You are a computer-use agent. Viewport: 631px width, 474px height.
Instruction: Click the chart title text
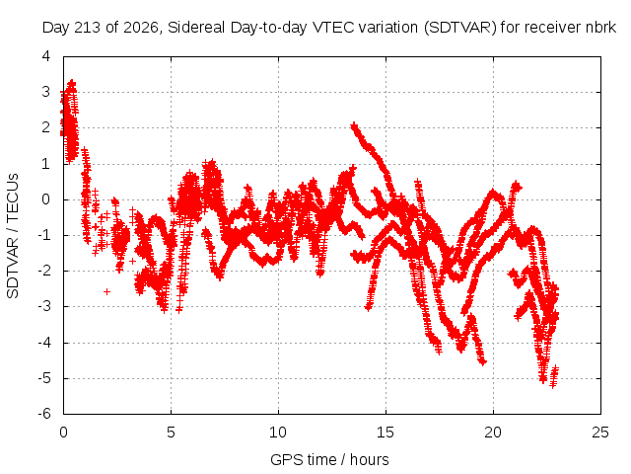328,28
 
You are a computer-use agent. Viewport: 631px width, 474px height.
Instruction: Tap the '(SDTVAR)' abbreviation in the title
459,28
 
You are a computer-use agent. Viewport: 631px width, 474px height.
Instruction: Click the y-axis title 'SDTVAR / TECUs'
13,236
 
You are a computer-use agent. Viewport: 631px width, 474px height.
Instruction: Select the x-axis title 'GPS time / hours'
329,459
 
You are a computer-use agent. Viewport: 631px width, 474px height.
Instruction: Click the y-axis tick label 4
46,56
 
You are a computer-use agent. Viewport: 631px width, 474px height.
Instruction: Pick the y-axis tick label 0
46,199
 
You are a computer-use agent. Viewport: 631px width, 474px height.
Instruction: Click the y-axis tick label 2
46,127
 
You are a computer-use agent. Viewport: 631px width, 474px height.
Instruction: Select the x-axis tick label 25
600,433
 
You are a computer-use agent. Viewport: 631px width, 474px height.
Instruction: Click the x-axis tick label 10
278,433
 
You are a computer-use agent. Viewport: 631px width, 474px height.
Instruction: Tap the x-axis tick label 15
386,433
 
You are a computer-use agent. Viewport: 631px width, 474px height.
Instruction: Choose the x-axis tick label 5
171,433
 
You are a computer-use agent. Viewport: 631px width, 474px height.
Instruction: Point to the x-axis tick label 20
493,433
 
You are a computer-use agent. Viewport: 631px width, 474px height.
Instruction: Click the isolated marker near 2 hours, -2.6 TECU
106,291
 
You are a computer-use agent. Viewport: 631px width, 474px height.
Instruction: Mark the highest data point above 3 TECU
72,83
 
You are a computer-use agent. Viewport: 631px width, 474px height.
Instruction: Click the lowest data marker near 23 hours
553,385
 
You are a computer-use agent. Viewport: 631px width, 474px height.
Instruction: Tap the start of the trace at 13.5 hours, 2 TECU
354,125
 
